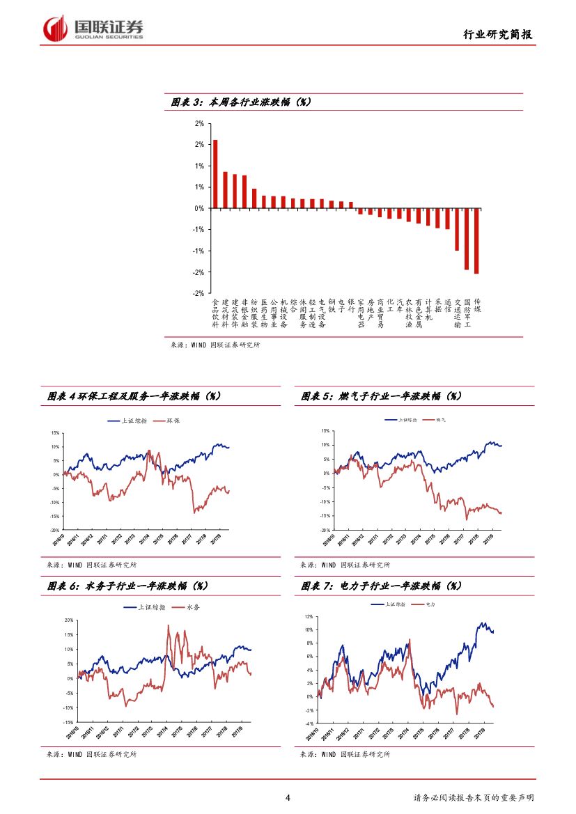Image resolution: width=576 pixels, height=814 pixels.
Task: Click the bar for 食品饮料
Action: pyautogui.click(x=215, y=174)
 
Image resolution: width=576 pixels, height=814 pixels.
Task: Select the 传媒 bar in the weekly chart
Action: pyautogui.click(x=476, y=240)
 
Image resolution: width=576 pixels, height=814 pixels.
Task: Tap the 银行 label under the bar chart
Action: pyautogui.click(x=351, y=305)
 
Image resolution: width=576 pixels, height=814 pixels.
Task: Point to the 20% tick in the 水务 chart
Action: pyautogui.click(x=69, y=620)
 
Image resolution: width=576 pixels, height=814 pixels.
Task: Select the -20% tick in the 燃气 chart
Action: pyautogui.click(x=325, y=529)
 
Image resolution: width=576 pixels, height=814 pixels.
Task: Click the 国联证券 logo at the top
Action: pyautogui.click(x=93, y=28)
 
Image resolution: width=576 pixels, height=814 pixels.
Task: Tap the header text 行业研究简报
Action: pyautogui.click(x=500, y=34)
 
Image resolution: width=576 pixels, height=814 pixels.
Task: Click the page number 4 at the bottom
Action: pyautogui.click(x=288, y=797)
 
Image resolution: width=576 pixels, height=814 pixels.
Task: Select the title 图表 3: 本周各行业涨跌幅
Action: pyautogui.click(x=241, y=102)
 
